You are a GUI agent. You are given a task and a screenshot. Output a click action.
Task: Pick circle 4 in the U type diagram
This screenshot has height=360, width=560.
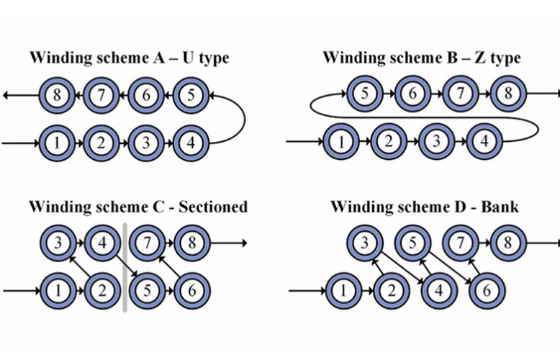coord(191,143)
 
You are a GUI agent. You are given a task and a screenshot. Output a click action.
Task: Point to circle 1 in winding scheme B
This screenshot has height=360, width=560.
coord(340,141)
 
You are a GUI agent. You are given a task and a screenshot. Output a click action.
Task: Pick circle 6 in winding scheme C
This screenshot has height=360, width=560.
coord(191,291)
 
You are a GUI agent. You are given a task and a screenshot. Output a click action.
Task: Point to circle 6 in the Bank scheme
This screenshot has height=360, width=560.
coord(485,291)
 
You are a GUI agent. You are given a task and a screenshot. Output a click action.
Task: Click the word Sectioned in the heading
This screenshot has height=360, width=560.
coord(213,207)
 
